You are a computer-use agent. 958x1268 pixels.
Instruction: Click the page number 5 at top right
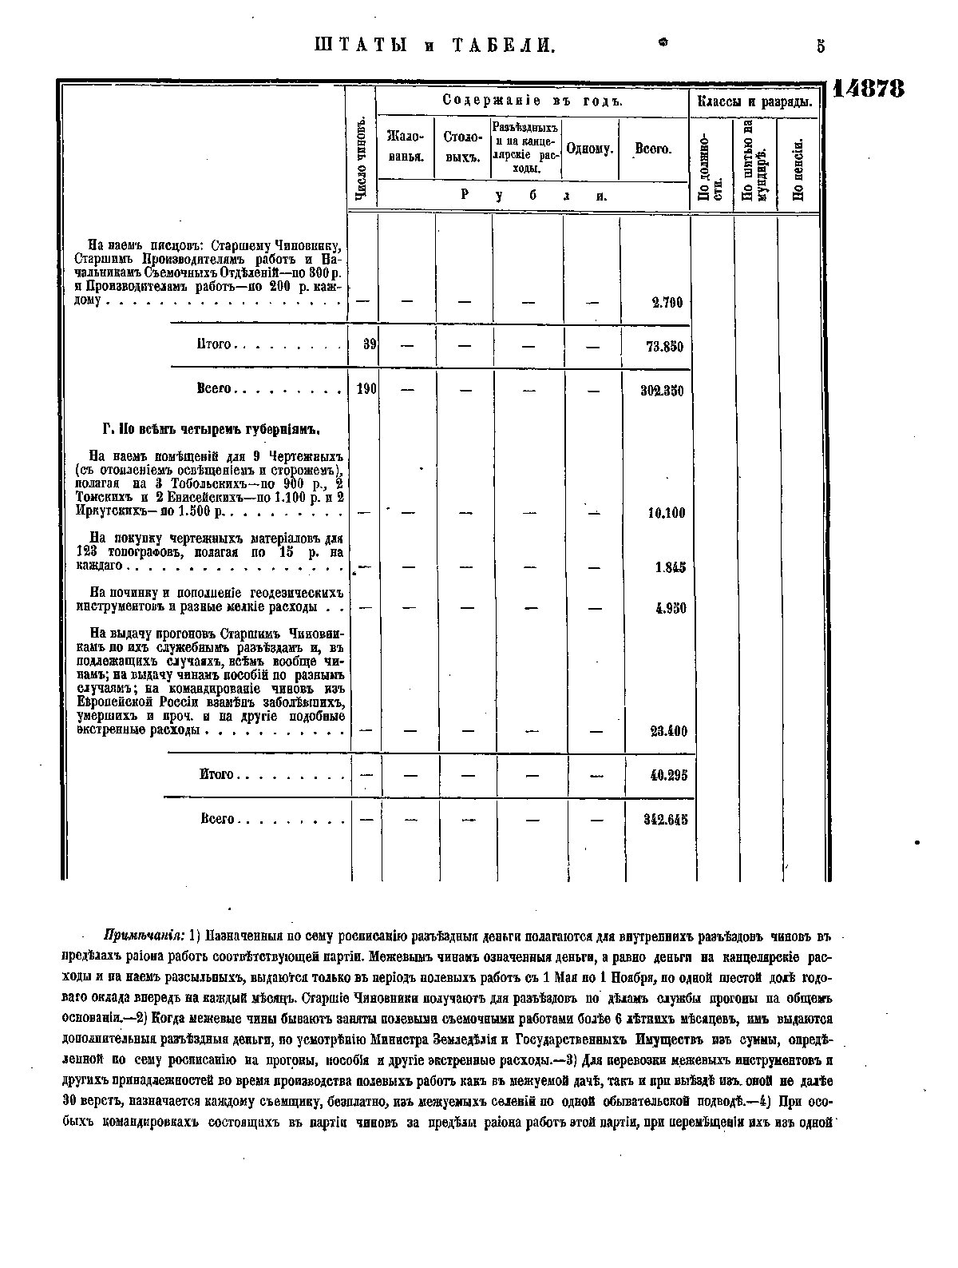820,46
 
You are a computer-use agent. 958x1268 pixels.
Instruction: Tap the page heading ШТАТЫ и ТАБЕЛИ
431,46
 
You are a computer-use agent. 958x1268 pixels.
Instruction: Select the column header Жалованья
405,149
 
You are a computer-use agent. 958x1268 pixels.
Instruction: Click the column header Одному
590,149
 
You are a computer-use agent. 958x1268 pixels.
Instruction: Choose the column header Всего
653,149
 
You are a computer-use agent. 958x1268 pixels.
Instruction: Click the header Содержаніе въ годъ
532,101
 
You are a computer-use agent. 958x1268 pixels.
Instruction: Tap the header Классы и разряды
754,102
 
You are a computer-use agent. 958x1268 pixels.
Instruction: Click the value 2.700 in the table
667,303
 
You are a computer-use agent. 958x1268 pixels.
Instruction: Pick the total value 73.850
665,347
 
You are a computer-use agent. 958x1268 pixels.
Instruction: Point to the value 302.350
663,391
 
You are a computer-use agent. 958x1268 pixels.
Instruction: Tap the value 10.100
666,513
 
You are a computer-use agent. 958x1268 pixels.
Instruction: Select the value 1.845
670,567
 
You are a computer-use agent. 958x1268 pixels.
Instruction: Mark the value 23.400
668,731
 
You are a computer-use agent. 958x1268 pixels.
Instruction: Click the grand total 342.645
666,819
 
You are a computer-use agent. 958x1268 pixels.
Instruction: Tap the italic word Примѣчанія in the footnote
144,936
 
